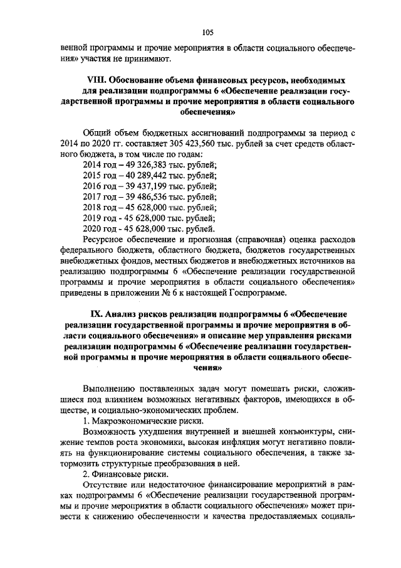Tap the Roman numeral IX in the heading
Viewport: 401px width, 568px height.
click(x=98, y=313)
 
